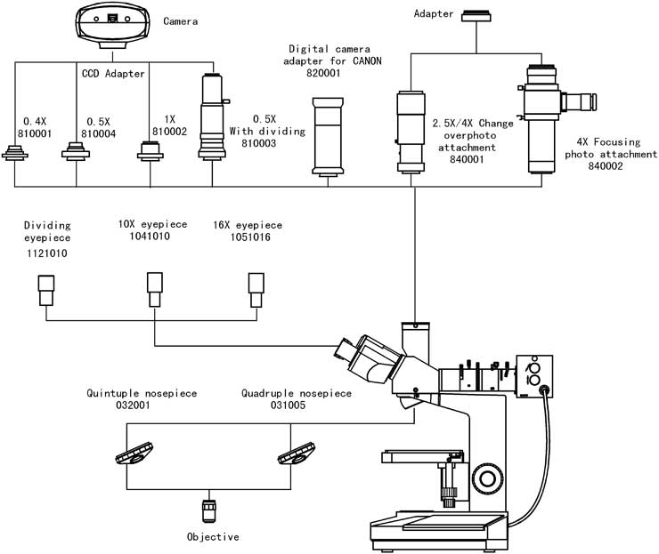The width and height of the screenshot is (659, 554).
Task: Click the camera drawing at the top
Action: (112, 25)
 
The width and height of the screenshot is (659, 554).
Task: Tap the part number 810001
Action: (35, 133)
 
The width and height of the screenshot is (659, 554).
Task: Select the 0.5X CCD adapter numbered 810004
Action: (76, 151)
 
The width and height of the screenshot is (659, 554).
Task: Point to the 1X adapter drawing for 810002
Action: (150, 151)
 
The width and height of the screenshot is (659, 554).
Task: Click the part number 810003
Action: (259, 143)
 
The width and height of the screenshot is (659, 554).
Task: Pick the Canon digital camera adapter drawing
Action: (328, 137)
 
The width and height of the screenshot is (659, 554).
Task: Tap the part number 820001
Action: (323, 73)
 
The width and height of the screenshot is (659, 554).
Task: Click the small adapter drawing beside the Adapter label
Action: (476, 16)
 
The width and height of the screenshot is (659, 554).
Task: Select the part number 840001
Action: (467, 159)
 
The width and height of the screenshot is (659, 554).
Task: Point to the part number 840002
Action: (606, 165)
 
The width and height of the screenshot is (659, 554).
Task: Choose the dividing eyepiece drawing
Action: (46, 290)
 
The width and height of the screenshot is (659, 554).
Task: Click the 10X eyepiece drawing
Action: (155, 289)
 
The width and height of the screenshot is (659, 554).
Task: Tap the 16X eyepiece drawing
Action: (256, 290)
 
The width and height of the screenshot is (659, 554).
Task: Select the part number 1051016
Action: (250, 237)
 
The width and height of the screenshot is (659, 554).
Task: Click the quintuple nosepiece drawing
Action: (134, 454)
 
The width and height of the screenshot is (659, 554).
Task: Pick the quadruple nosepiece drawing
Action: (297, 454)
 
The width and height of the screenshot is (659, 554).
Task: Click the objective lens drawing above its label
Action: (209, 510)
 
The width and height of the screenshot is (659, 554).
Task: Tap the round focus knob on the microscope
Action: (487, 478)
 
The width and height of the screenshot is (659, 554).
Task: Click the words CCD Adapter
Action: (113, 74)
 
